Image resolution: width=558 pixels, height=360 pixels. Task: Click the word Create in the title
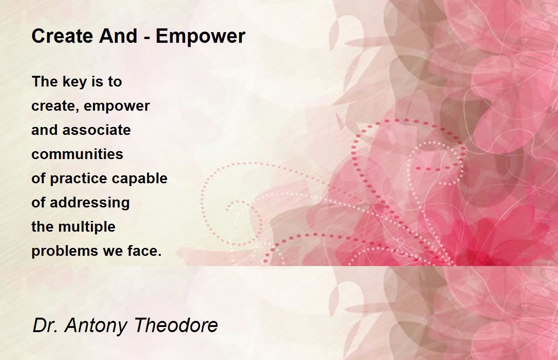tap(62, 36)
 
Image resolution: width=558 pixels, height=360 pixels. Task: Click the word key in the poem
tap(75, 82)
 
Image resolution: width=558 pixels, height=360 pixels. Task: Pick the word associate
tap(96, 130)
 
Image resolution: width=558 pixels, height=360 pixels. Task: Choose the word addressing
tap(90, 203)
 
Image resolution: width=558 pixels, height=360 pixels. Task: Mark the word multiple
tap(86, 227)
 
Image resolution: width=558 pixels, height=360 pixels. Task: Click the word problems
tap(65, 251)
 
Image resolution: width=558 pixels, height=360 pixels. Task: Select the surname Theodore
tap(176, 325)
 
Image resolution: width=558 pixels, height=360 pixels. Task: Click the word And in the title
tap(118, 36)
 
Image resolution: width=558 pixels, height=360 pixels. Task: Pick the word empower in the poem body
tap(117, 107)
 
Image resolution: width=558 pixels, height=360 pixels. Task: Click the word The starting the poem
tap(45, 81)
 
